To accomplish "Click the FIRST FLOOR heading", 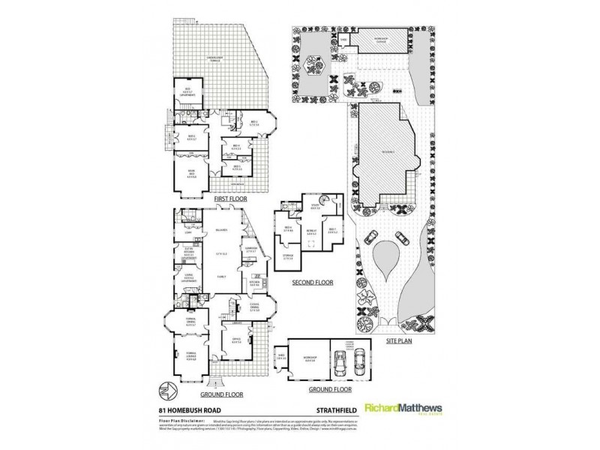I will tap(230, 198).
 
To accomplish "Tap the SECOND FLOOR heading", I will tap(313, 283).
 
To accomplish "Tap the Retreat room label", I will tap(310, 232).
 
